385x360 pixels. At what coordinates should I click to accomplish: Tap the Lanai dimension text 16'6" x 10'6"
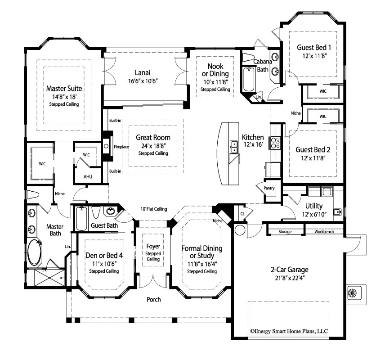(142, 81)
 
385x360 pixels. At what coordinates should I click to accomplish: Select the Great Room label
(153, 138)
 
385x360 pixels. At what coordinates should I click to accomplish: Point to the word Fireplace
(121, 147)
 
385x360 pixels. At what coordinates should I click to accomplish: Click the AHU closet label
(88, 176)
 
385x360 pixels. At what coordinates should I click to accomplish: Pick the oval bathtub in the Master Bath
(35, 253)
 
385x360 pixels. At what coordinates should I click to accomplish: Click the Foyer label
(153, 246)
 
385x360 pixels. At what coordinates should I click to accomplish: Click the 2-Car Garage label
(289, 270)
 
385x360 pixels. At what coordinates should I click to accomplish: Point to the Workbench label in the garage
(324, 232)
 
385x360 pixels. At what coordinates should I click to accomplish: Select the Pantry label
(269, 188)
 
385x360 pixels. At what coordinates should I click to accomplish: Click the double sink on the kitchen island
(234, 146)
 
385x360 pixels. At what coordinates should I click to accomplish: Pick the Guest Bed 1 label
(314, 47)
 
